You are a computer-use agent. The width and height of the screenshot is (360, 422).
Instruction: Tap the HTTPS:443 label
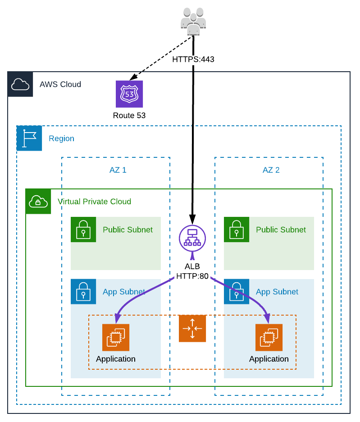pos(193,59)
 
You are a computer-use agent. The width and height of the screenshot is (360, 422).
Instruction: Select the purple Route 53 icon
pos(129,94)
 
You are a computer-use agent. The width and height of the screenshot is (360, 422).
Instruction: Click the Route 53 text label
pos(129,116)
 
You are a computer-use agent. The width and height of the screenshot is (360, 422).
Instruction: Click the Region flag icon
pos(29,138)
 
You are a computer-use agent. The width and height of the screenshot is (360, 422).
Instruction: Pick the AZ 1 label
pos(118,170)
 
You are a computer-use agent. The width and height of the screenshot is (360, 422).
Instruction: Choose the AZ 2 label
pos(271,170)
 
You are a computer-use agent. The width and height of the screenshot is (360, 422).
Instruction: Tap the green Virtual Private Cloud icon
pos(38,201)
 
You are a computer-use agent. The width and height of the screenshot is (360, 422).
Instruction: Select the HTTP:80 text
pos(192,276)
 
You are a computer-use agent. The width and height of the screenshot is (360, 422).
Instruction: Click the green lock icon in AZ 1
pos(83,229)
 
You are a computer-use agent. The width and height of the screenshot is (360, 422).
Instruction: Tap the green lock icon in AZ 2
pos(237,229)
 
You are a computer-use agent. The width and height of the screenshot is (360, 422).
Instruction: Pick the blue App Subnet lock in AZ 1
pos(83,292)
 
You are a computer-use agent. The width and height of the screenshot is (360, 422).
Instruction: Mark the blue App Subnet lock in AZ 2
pos(237,292)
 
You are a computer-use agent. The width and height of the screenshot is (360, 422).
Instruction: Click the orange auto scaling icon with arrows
pos(192,329)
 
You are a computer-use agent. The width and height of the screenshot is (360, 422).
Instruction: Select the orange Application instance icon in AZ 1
pos(116,337)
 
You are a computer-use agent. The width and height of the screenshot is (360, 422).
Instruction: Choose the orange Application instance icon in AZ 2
pos(269,337)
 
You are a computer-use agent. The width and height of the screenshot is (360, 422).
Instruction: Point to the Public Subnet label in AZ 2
pos(281,229)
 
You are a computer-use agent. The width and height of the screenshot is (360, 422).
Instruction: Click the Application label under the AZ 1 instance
pos(116,359)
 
